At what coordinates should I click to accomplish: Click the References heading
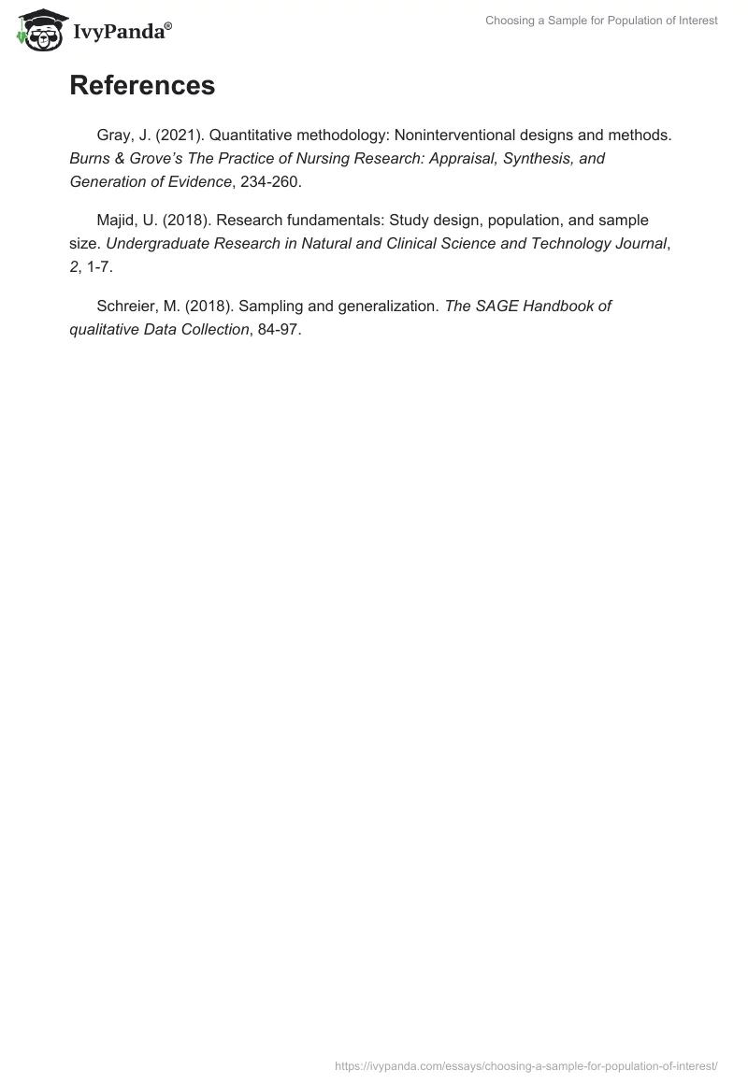click(x=142, y=85)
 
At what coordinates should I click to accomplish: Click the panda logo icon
click(x=37, y=29)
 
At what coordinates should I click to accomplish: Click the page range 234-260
click(x=271, y=181)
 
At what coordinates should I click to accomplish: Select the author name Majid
click(x=116, y=220)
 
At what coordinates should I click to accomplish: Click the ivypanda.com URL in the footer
click(x=525, y=1065)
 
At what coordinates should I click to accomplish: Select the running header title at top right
click(x=601, y=21)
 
